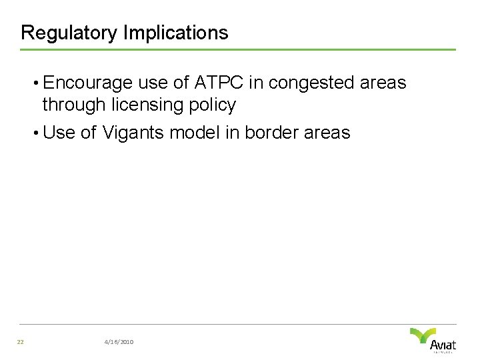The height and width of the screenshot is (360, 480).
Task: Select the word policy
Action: point(213,105)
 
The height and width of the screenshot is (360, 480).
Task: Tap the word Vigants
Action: point(133,133)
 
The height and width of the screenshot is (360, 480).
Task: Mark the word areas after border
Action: point(327,133)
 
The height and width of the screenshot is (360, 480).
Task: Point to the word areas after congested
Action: point(383,83)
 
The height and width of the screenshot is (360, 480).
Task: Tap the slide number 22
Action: point(21,342)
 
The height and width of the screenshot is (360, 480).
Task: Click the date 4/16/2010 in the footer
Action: point(119,342)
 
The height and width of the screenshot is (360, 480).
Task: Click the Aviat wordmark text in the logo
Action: point(443,345)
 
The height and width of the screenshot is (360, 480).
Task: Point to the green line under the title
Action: point(237,49)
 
